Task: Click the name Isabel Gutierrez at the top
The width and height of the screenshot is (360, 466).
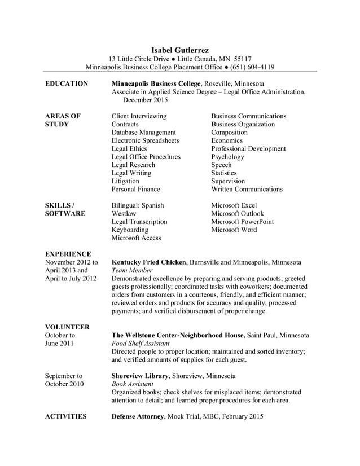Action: click(180, 50)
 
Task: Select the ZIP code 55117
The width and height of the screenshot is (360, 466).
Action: click(243, 59)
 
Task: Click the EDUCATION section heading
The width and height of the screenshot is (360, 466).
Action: click(66, 84)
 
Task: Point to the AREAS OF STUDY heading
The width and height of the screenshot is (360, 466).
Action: click(62, 120)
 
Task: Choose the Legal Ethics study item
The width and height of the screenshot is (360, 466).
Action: click(129, 149)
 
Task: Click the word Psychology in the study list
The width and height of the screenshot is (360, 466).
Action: click(227, 157)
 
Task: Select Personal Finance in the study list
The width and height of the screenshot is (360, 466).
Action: click(135, 190)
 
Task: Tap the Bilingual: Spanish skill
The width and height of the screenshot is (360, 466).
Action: click(138, 206)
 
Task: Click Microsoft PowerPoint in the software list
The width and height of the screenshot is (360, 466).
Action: click(242, 222)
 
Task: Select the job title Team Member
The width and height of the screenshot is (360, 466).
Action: click(133, 271)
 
